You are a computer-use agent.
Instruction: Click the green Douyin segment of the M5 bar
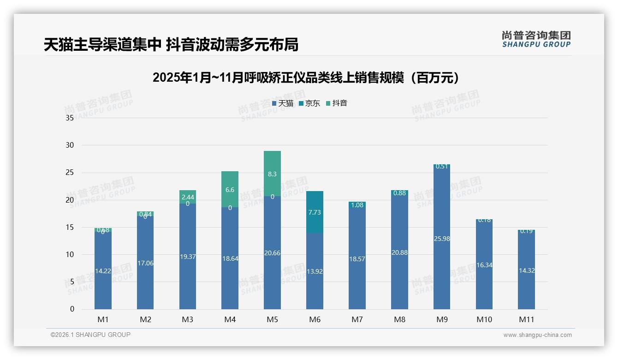(x=272, y=174)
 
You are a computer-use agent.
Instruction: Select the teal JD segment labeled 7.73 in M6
(x=315, y=212)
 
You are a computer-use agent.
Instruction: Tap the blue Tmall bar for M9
(x=441, y=240)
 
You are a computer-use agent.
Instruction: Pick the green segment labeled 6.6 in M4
(x=230, y=189)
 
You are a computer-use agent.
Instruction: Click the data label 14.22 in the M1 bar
(x=103, y=271)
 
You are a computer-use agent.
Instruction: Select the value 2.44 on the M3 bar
(x=187, y=197)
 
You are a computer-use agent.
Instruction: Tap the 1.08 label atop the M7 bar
(x=357, y=205)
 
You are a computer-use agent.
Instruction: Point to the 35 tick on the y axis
(x=70, y=118)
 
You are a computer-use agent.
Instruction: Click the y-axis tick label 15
(x=70, y=227)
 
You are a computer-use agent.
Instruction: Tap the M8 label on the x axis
(x=399, y=319)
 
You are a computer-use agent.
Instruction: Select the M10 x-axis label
(x=484, y=319)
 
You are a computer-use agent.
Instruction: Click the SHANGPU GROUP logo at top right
(x=536, y=39)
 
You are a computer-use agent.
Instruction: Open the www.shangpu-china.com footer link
(x=537, y=335)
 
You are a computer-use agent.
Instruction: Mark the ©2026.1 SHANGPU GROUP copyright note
(x=90, y=335)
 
